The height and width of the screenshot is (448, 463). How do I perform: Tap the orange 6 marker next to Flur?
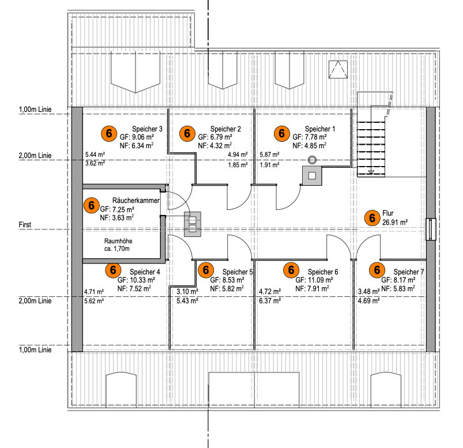pos(373,217)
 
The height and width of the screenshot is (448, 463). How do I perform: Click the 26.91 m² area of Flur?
pos(395,221)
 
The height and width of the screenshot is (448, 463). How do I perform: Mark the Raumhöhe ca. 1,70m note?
pos(116,246)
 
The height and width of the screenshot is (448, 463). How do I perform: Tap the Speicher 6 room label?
pos(323,272)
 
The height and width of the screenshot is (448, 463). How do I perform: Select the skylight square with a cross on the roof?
pos(338,70)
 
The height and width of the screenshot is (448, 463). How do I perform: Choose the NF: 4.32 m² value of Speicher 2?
pos(215,146)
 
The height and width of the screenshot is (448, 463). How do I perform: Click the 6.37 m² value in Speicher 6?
pos(270,300)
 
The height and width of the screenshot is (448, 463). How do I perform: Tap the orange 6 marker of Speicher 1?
pos(281,133)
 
